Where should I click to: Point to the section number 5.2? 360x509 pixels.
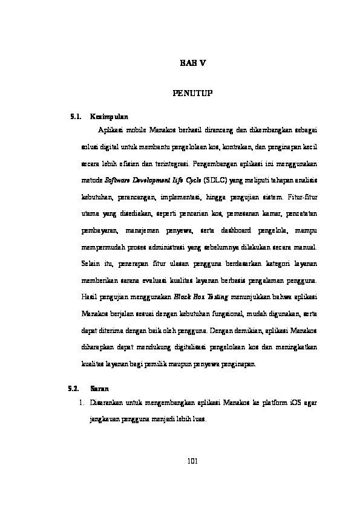(76, 387)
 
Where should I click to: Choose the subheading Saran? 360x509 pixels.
(99, 387)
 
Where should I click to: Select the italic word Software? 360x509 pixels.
(120, 180)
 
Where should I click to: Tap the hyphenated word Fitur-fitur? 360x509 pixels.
(304, 197)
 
